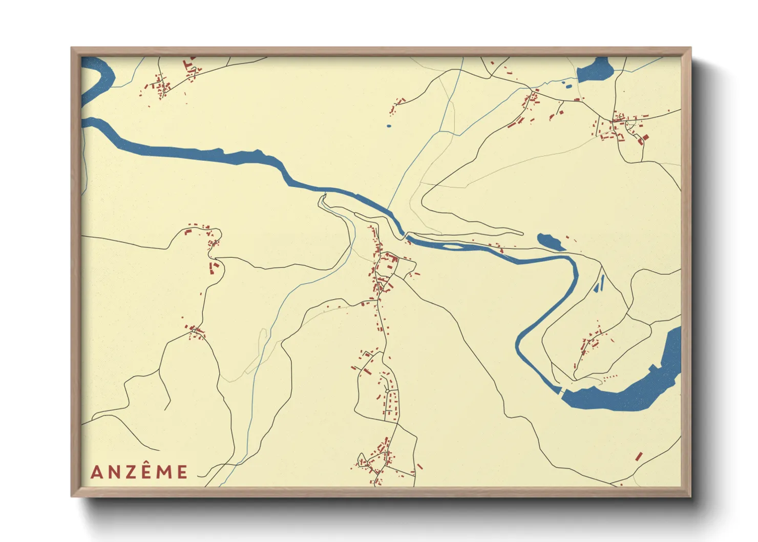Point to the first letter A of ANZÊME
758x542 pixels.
coord(96,472)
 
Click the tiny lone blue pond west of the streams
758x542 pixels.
coord(389,126)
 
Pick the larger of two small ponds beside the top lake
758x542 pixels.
coord(567,86)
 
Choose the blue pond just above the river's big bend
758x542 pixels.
coord(550,241)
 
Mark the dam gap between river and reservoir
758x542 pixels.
coord(561,392)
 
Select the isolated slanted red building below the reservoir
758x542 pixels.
coord(639,456)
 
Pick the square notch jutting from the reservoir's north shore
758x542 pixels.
coord(653,368)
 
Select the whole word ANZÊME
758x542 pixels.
coord(139,472)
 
